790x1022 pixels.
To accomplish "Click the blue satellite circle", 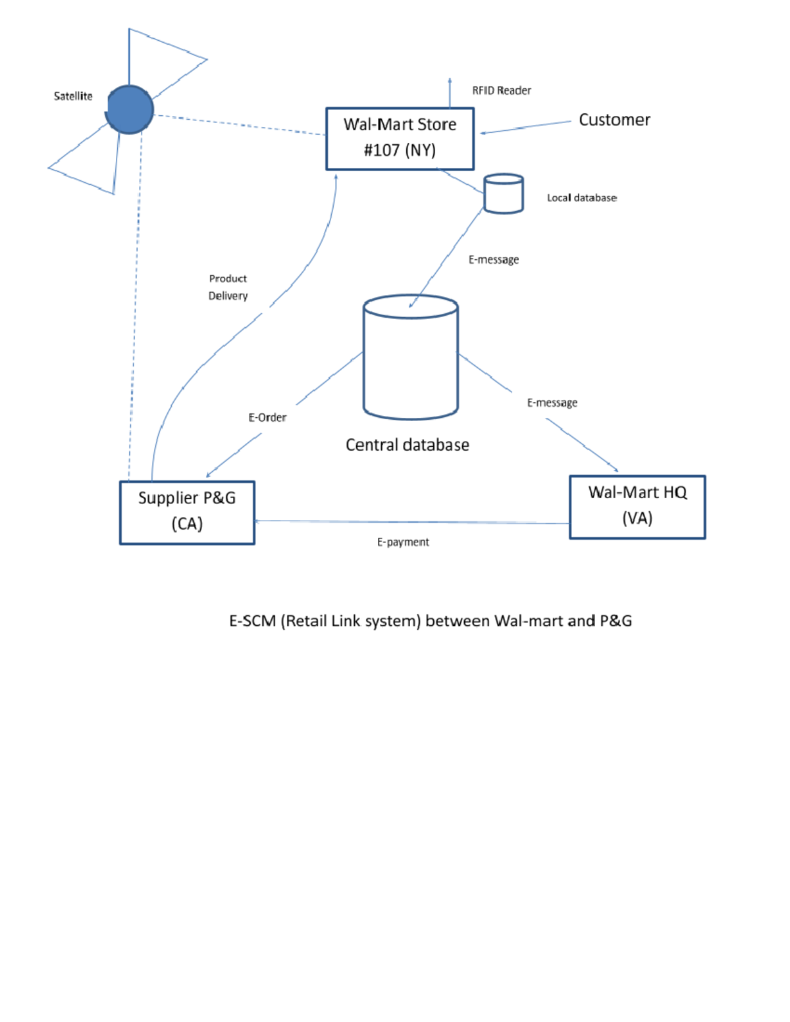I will click(x=130, y=109).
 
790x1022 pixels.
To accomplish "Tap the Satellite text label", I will click(x=73, y=96).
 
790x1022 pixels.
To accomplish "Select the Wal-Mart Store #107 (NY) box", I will click(x=400, y=138).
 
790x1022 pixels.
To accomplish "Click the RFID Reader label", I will click(x=501, y=91).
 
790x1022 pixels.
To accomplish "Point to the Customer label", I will click(x=614, y=120).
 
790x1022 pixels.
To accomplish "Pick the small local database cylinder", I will click(x=504, y=193).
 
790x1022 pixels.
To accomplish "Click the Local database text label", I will click(x=581, y=197).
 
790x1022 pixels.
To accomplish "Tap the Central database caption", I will click(x=407, y=445).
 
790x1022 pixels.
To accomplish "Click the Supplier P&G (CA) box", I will click(x=187, y=512).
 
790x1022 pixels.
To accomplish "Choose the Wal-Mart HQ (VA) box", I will click(x=637, y=507).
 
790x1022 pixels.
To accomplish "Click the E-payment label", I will click(x=403, y=542).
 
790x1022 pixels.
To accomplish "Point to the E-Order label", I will click(x=267, y=417).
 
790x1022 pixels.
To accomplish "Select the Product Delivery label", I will click(x=228, y=288).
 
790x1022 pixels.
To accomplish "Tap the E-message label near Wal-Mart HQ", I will click(x=552, y=403).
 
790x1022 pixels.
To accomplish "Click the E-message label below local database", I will click(x=493, y=260).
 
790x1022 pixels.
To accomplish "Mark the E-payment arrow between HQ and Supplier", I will click(x=411, y=523).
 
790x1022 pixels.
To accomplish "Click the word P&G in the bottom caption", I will click(x=616, y=621).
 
